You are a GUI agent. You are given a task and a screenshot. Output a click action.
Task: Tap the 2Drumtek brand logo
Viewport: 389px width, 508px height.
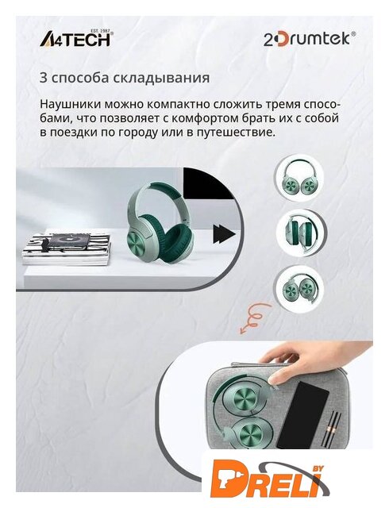309,39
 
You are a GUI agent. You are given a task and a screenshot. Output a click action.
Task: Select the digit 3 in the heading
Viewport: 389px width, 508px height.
44,78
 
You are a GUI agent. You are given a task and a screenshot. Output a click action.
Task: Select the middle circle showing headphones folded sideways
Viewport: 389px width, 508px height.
301,232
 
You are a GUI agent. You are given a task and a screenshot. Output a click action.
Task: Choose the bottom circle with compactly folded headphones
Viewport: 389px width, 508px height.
298,287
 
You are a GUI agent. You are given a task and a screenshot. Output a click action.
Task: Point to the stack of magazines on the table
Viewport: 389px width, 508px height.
67,249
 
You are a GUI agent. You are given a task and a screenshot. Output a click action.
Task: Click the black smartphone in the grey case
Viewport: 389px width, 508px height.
302,415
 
